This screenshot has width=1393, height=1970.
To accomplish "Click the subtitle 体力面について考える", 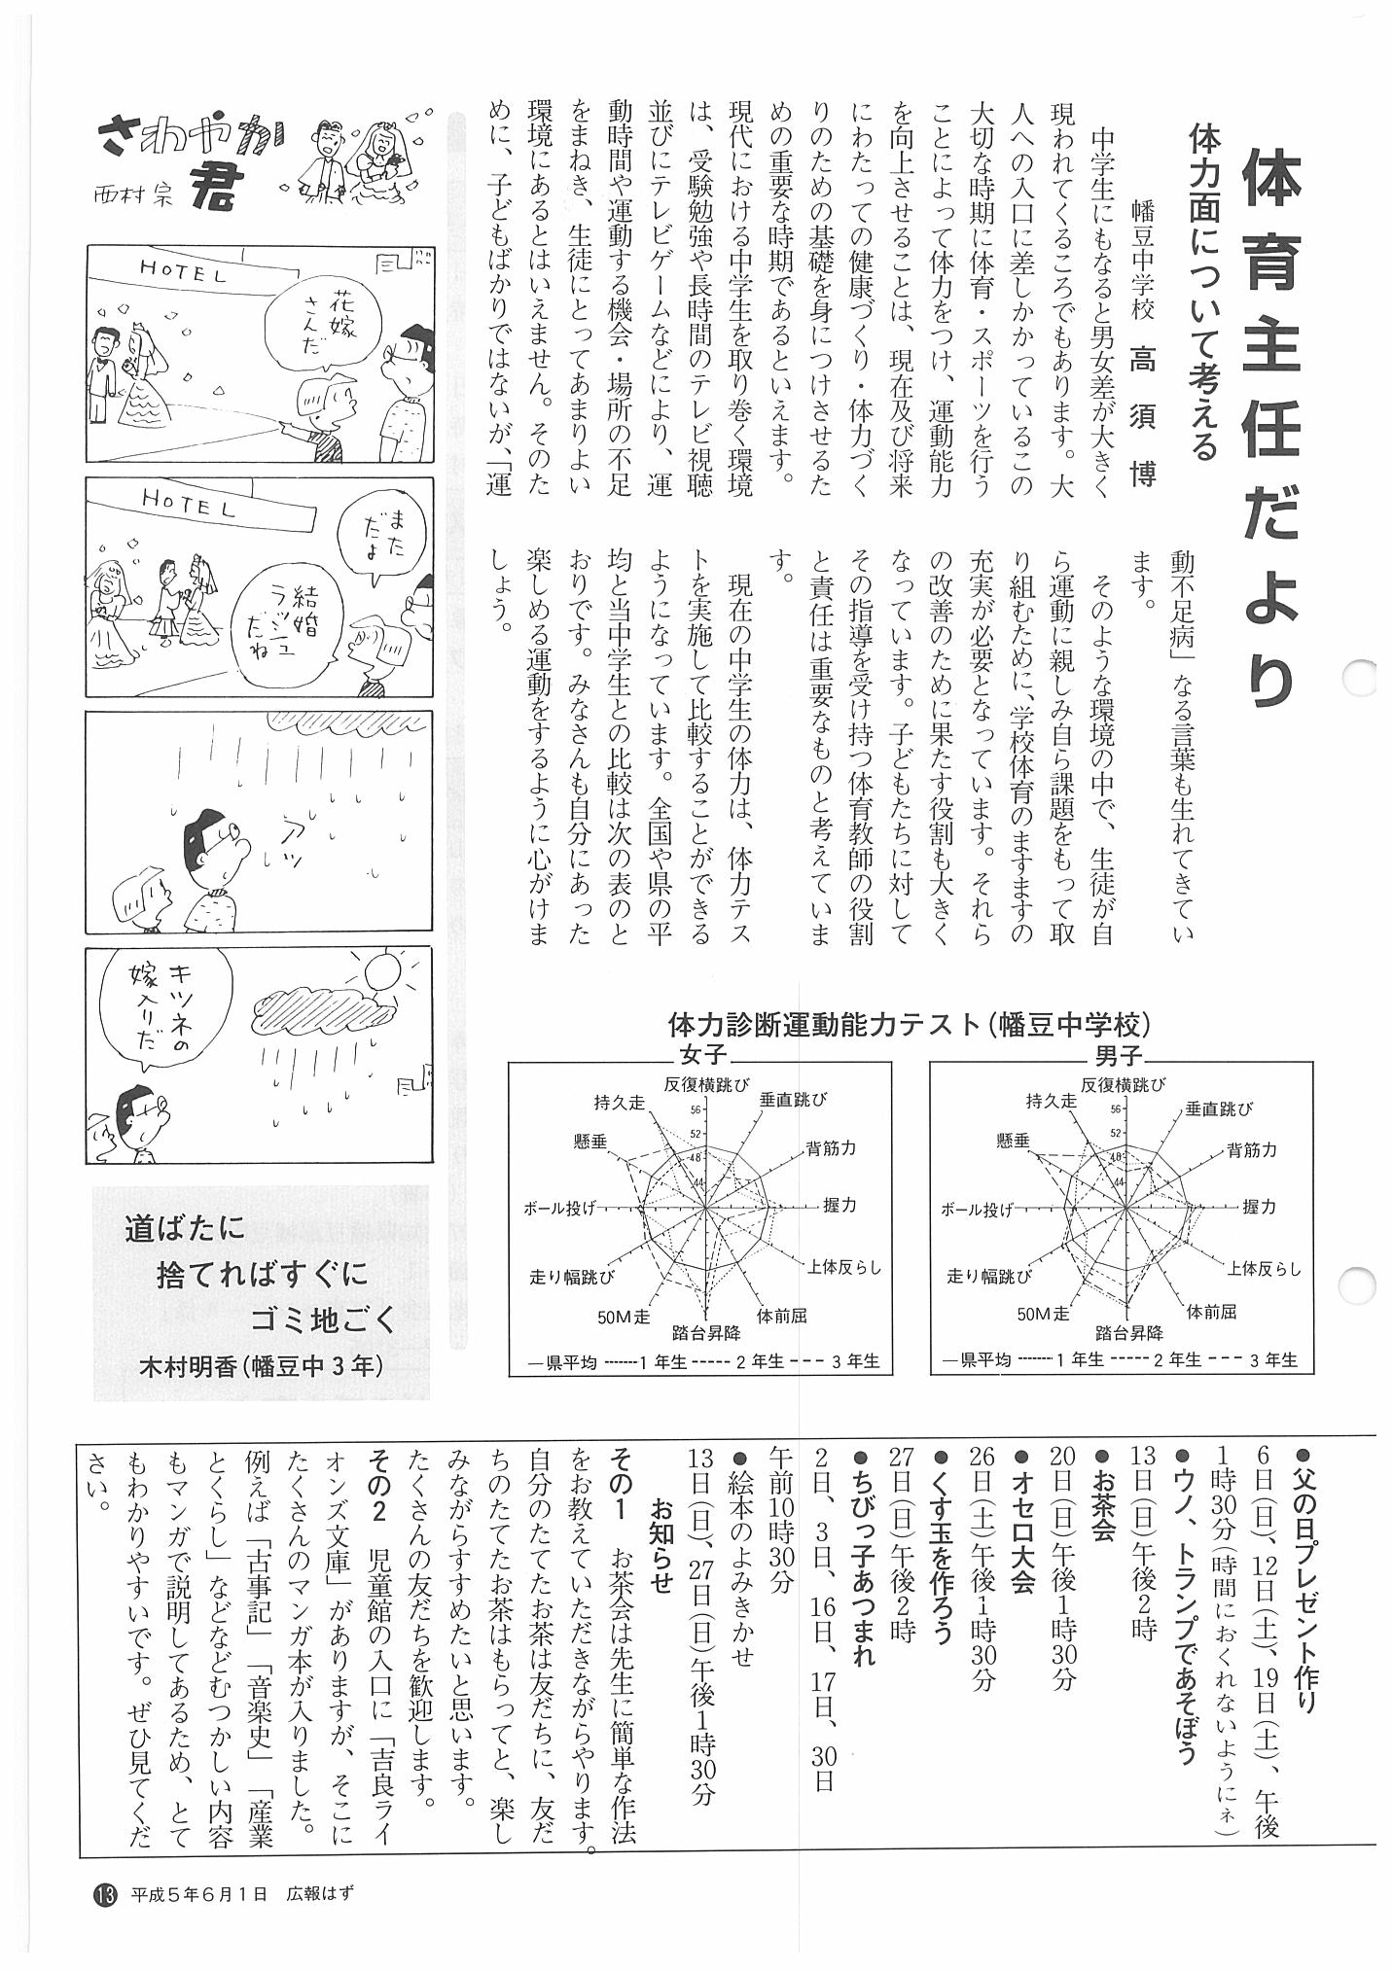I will (1203, 292).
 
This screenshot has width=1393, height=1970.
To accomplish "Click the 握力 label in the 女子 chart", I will (839, 1204).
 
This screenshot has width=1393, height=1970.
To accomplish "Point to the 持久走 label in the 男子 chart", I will (1051, 1101).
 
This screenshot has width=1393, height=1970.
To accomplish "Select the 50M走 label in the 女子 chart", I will (624, 1318).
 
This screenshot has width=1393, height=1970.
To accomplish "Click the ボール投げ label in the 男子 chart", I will (976, 1210).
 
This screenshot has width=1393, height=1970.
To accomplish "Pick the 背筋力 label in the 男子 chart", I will (1252, 1150).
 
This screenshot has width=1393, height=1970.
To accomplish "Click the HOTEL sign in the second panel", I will (189, 503).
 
